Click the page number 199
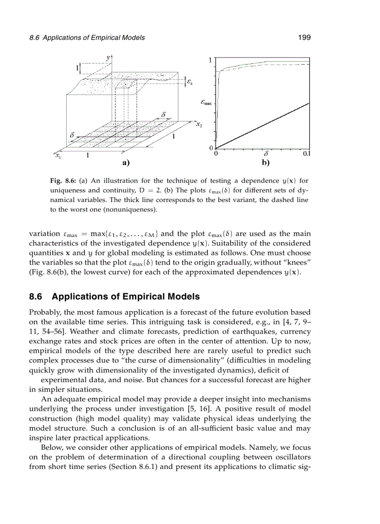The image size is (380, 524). tap(304, 38)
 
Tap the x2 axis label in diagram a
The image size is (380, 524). tap(199, 125)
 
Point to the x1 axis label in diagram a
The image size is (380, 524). tap(58, 157)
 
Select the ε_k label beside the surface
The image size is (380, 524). tap(190, 82)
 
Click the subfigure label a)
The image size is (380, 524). tap(125, 163)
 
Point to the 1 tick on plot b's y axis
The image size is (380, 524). tap(210, 60)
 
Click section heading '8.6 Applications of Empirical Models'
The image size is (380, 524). tap(114, 297)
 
